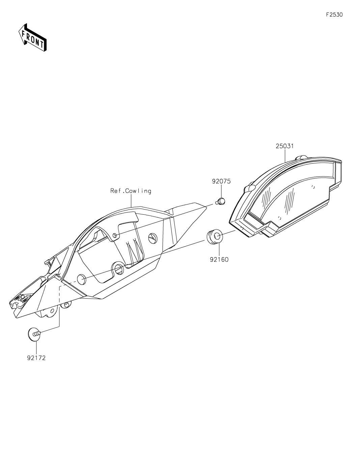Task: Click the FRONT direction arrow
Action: [x=32, y=37]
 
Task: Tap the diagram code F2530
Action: [x=334, y=15]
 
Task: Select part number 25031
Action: [x=285, y=146]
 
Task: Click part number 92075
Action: [x=221, y=182]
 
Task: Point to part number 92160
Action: [x=219, y=259]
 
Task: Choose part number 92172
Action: [x=36, y=358]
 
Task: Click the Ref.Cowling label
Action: [x=131, y=191]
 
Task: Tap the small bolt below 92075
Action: [x=221, y=201]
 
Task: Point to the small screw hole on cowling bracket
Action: [x=115, y=236]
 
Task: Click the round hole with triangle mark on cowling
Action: [x=153, y=238]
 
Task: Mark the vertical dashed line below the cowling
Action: [x=59, y=306]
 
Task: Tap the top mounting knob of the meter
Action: [x=301, y=158]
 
